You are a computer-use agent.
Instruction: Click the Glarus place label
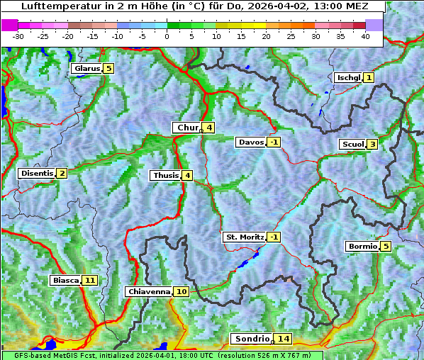[x=86, y=69]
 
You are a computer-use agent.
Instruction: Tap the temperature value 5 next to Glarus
[x=108, y=69]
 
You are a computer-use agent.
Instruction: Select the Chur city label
[x=187, y=128]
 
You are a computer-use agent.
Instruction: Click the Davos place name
[x=250, y=142]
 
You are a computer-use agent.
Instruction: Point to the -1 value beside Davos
[x=274, y=142]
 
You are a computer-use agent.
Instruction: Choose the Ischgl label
[x=348, y=77]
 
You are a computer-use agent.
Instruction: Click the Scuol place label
[x=352, y=145]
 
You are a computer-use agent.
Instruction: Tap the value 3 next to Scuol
[x=372, y=145]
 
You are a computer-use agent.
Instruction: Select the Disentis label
[x=36, y=174]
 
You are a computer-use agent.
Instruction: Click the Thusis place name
[x=164, y=176]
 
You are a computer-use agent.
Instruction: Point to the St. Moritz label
[x=244, y=237]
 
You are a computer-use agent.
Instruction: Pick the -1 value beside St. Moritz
[x=274, y=237]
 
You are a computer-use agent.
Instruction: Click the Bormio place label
[x=362, y=247]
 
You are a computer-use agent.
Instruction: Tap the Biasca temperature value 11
[x=89, y=281]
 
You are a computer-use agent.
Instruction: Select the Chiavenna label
[x=148, y=291]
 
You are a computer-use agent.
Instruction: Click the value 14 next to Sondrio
[x=283, y=339]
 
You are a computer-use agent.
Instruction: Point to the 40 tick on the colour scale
[x=365, y=35]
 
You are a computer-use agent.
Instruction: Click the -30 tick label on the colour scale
[x=18, y=35]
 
